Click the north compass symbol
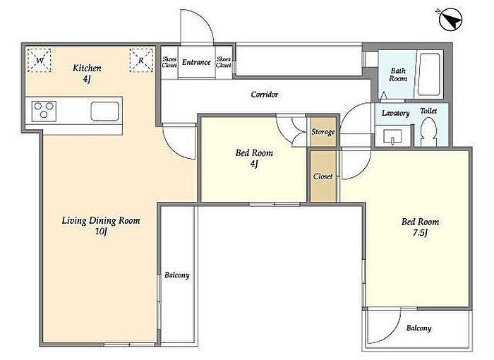click(450, 19)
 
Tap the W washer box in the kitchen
click(39, 61)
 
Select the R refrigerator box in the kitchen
click(141, 60)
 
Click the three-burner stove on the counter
click(44, 111)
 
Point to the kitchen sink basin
click(104, 112)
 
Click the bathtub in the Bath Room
click(428, 74)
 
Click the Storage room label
click(323, 132)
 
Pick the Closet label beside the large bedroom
click(323, 176)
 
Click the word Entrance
click(196, 62)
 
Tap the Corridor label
click(265, 95)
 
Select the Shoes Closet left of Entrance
click(169, 62)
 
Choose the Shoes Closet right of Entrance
click(224, 62)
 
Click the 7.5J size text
click(420, 233)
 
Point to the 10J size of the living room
click(101, 232)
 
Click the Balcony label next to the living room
click(177, 275)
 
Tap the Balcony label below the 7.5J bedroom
click(418, 328)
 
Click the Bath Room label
click(398, 75)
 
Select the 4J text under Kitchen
click(87, 79)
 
